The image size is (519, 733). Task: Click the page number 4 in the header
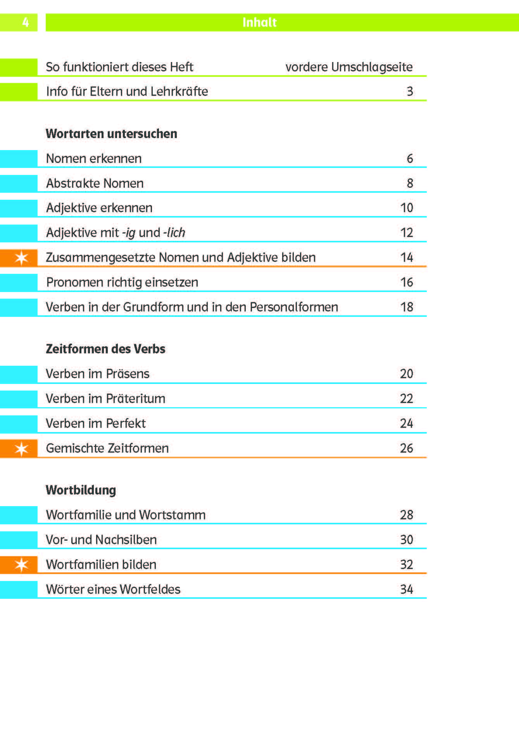[x=26, y=22]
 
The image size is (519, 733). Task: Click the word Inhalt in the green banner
[x=259, y=22]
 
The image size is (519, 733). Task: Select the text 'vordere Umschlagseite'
[x=349, y=67]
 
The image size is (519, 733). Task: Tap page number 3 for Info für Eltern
[x=410, y=92]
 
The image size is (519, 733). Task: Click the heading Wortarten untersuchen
[x=111, y=134]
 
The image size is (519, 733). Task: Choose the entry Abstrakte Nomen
[x=95, y=183]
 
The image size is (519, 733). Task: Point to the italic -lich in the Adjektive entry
[x=174, y=233]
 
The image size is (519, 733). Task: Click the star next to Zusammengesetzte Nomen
[x=21, y=258]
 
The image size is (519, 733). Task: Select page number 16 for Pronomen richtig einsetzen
[x=407, y=282]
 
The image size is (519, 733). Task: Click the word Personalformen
[x=294, y=307]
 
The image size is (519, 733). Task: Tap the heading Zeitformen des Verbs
[x=105, y=349]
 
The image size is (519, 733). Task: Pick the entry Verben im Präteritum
[x=105, y=399]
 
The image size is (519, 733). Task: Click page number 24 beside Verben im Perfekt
[x=407, y=424]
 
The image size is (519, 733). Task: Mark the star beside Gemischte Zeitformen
[x=21, y=449]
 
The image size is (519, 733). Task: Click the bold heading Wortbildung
[x=81, y=490]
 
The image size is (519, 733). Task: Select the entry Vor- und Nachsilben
[x=101, y=540]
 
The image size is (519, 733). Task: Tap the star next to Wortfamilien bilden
[x=21, y=565]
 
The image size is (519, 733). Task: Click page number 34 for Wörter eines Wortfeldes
[x=407, y=590]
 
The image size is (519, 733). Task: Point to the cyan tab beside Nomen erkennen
[x=19, y=159]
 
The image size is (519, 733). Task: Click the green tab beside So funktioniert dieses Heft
[x=19, y=67]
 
